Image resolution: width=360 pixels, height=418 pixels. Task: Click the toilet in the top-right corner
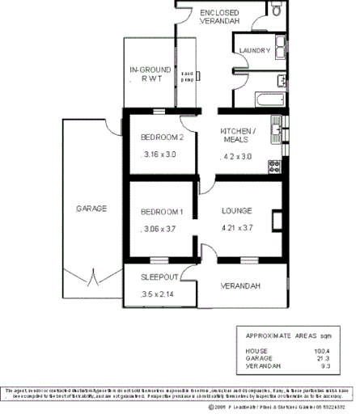pyautogui.click(x=277, y=10)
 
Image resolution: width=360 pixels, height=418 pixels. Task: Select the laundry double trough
pyautogui.click(x=278, y=45)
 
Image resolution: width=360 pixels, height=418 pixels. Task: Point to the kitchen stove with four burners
pyautogui.click(x=274, y=165)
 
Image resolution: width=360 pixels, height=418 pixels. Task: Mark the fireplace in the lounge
pyautogui.click(x=277, y=218)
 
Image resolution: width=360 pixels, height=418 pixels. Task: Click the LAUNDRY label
pyautogui.click(x=255, y=51)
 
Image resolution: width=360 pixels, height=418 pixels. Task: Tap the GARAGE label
pyautogui.click(x=91, y=209)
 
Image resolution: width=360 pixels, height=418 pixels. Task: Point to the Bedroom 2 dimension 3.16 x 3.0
pyautogui.click(x=158, y=154)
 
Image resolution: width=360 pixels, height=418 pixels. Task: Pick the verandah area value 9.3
pyautogui.click(x=324, y=366)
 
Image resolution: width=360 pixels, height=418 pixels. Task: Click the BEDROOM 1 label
pyautogui.click(x=163, y=212)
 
